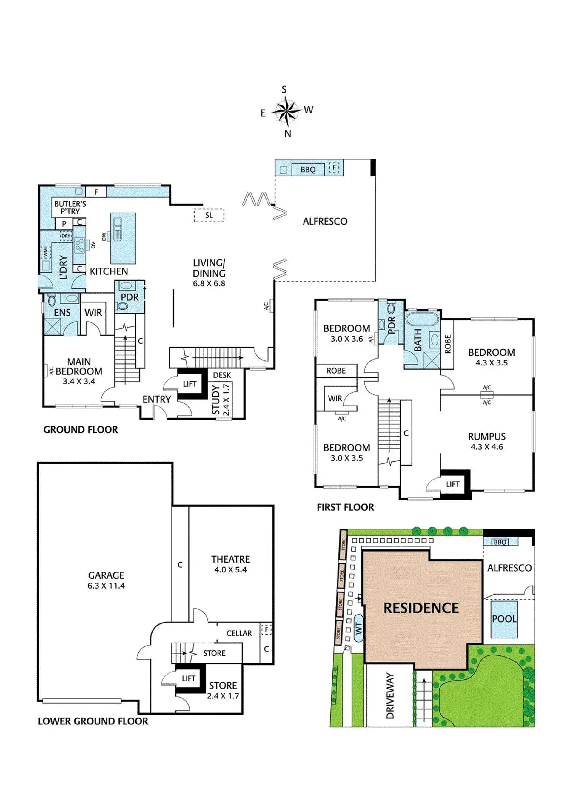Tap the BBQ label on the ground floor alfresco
[x=308, y=170]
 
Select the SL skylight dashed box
[x=209, y=215]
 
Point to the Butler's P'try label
[x=70, y=207]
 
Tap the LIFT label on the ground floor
[x=190, y=384]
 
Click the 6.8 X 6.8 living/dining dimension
[x=209, y=283]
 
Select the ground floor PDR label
[x=130, y=297]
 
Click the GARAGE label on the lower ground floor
[x=106, y=575]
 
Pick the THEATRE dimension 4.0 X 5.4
[x=230, y=569]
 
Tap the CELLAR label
[x=239, y=633]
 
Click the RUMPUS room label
[x=487, y=437]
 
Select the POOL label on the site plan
[x=504, y=619]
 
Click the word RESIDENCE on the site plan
[x=421, y=608]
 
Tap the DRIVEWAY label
[x=390, y=695]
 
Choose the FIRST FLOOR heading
[x=345, y=507]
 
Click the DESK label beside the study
[x=222, y=375]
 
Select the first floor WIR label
[x=335, y=398]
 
